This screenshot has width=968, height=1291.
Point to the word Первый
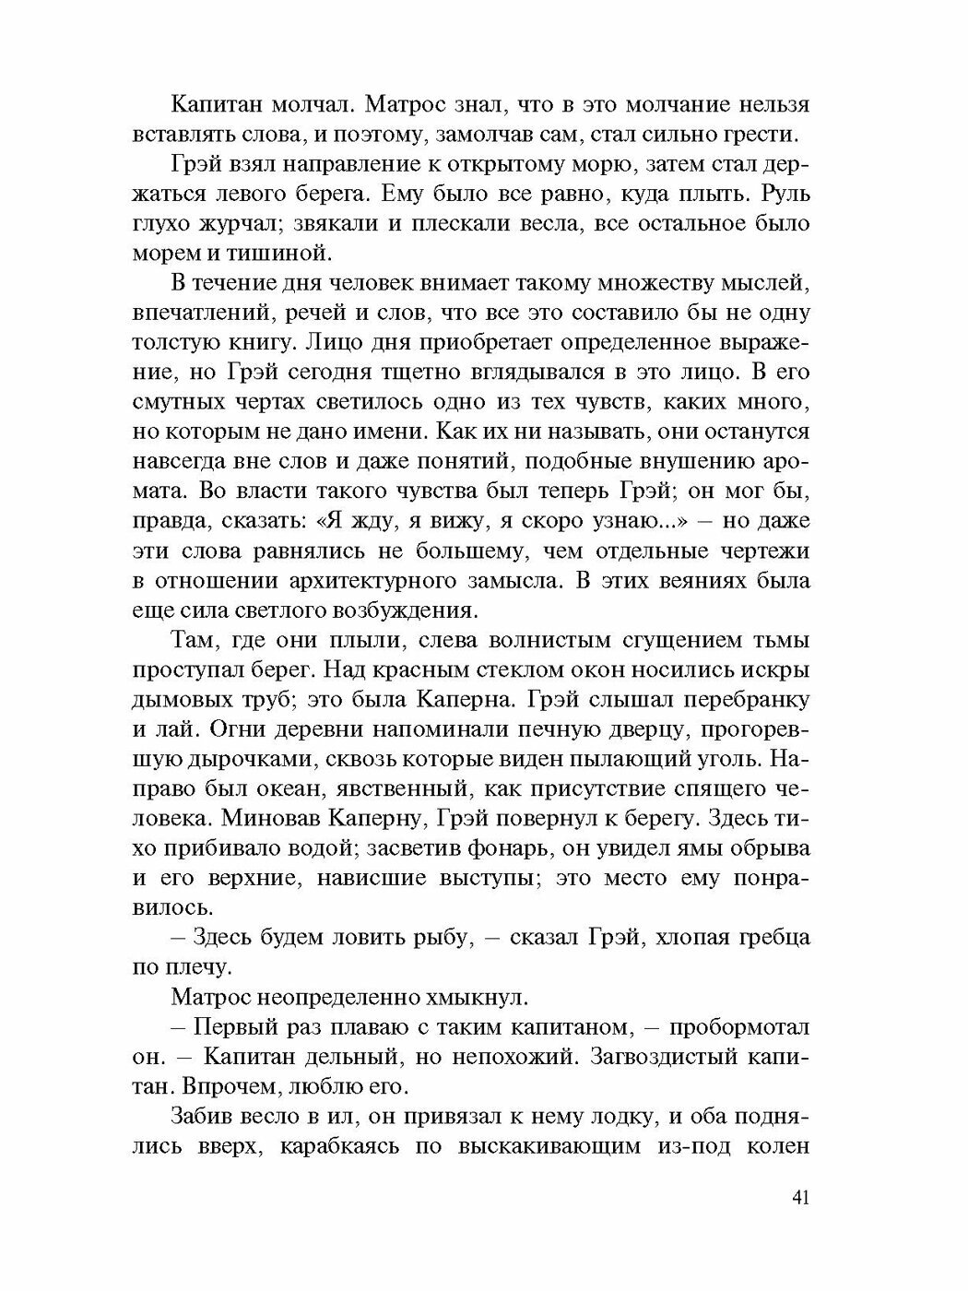tap(245, 1028)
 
